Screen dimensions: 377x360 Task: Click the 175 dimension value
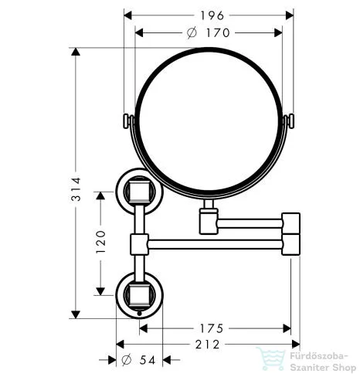(x=215, y=327)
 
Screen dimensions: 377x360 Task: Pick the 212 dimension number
(x=205, y=343)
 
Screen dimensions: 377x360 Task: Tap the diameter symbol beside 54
(x=127, y=361)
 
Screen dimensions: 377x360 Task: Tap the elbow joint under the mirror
(x=207, y=219)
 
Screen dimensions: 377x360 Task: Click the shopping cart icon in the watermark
(x=272, y=361)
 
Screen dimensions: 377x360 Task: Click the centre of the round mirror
(x=209, y=121)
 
